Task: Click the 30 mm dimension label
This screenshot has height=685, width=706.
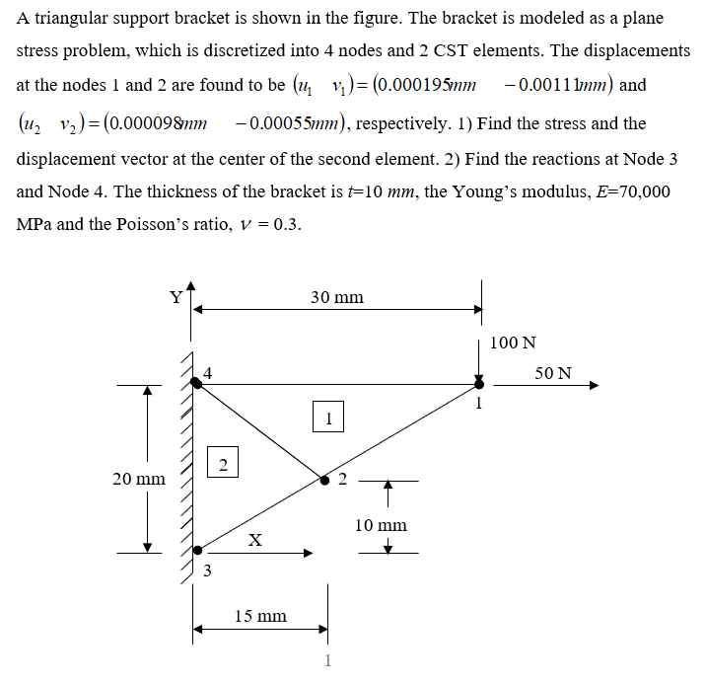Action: pyautogui.click(x=336, y=296)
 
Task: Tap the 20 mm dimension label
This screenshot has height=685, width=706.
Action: pyautogui.click(x=138, y=479)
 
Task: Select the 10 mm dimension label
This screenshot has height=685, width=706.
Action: pyautogui.click(x=380, y=525)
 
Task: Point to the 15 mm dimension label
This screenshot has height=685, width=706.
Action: pyautogui.click(x=260, y=616)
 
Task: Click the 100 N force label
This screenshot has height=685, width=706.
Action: pyautogui.click(x=513, y=343)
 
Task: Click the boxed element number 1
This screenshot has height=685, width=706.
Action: pyautogui.click(x=328, y=418)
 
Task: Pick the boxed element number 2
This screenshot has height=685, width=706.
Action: pyautogui.click(x=223, y=463)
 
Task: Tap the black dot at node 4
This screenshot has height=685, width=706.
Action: pyautogui.click(x=197, y=383)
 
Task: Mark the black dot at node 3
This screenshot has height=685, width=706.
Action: pyautogui.click(x=197, y=550)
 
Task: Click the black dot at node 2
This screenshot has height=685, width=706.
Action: pyautogui.click(x=325, y=481)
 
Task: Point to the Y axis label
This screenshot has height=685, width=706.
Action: pyautogui.click(x=176, y=296)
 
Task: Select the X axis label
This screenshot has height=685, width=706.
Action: pyautogui.click(x=255, y=540)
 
